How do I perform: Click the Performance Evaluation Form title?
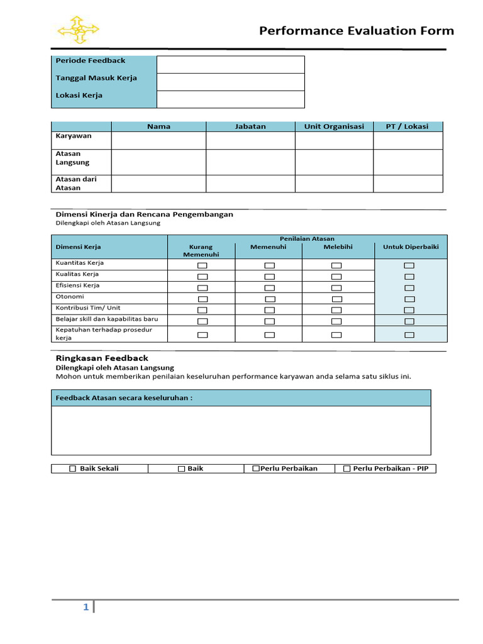click(357, 31)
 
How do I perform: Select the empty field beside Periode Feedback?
click(230, 65)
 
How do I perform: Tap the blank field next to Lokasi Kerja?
click(230, 99)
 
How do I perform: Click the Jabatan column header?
click(250, 126)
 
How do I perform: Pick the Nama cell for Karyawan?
click(158, 140)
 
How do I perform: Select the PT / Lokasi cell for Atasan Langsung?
click(408, 162)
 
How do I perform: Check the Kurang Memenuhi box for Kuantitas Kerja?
click(202, 266)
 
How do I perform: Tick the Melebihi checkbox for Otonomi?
click(336, 299)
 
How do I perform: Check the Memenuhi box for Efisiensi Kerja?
click(269, 287)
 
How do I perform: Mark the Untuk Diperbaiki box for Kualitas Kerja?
click(409, 277)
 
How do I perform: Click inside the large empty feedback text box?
click(241, 430)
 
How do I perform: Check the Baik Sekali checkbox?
click(72, 469)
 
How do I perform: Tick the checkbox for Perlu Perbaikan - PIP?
click(347, 469)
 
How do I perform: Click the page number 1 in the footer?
click(86, 608)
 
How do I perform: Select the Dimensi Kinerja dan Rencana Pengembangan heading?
click(145, 214)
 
